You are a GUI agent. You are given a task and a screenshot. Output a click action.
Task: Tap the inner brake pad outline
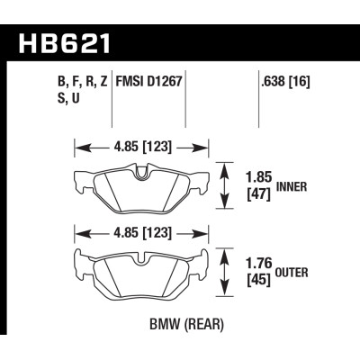pyautogui.click(x=139, y=191)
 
